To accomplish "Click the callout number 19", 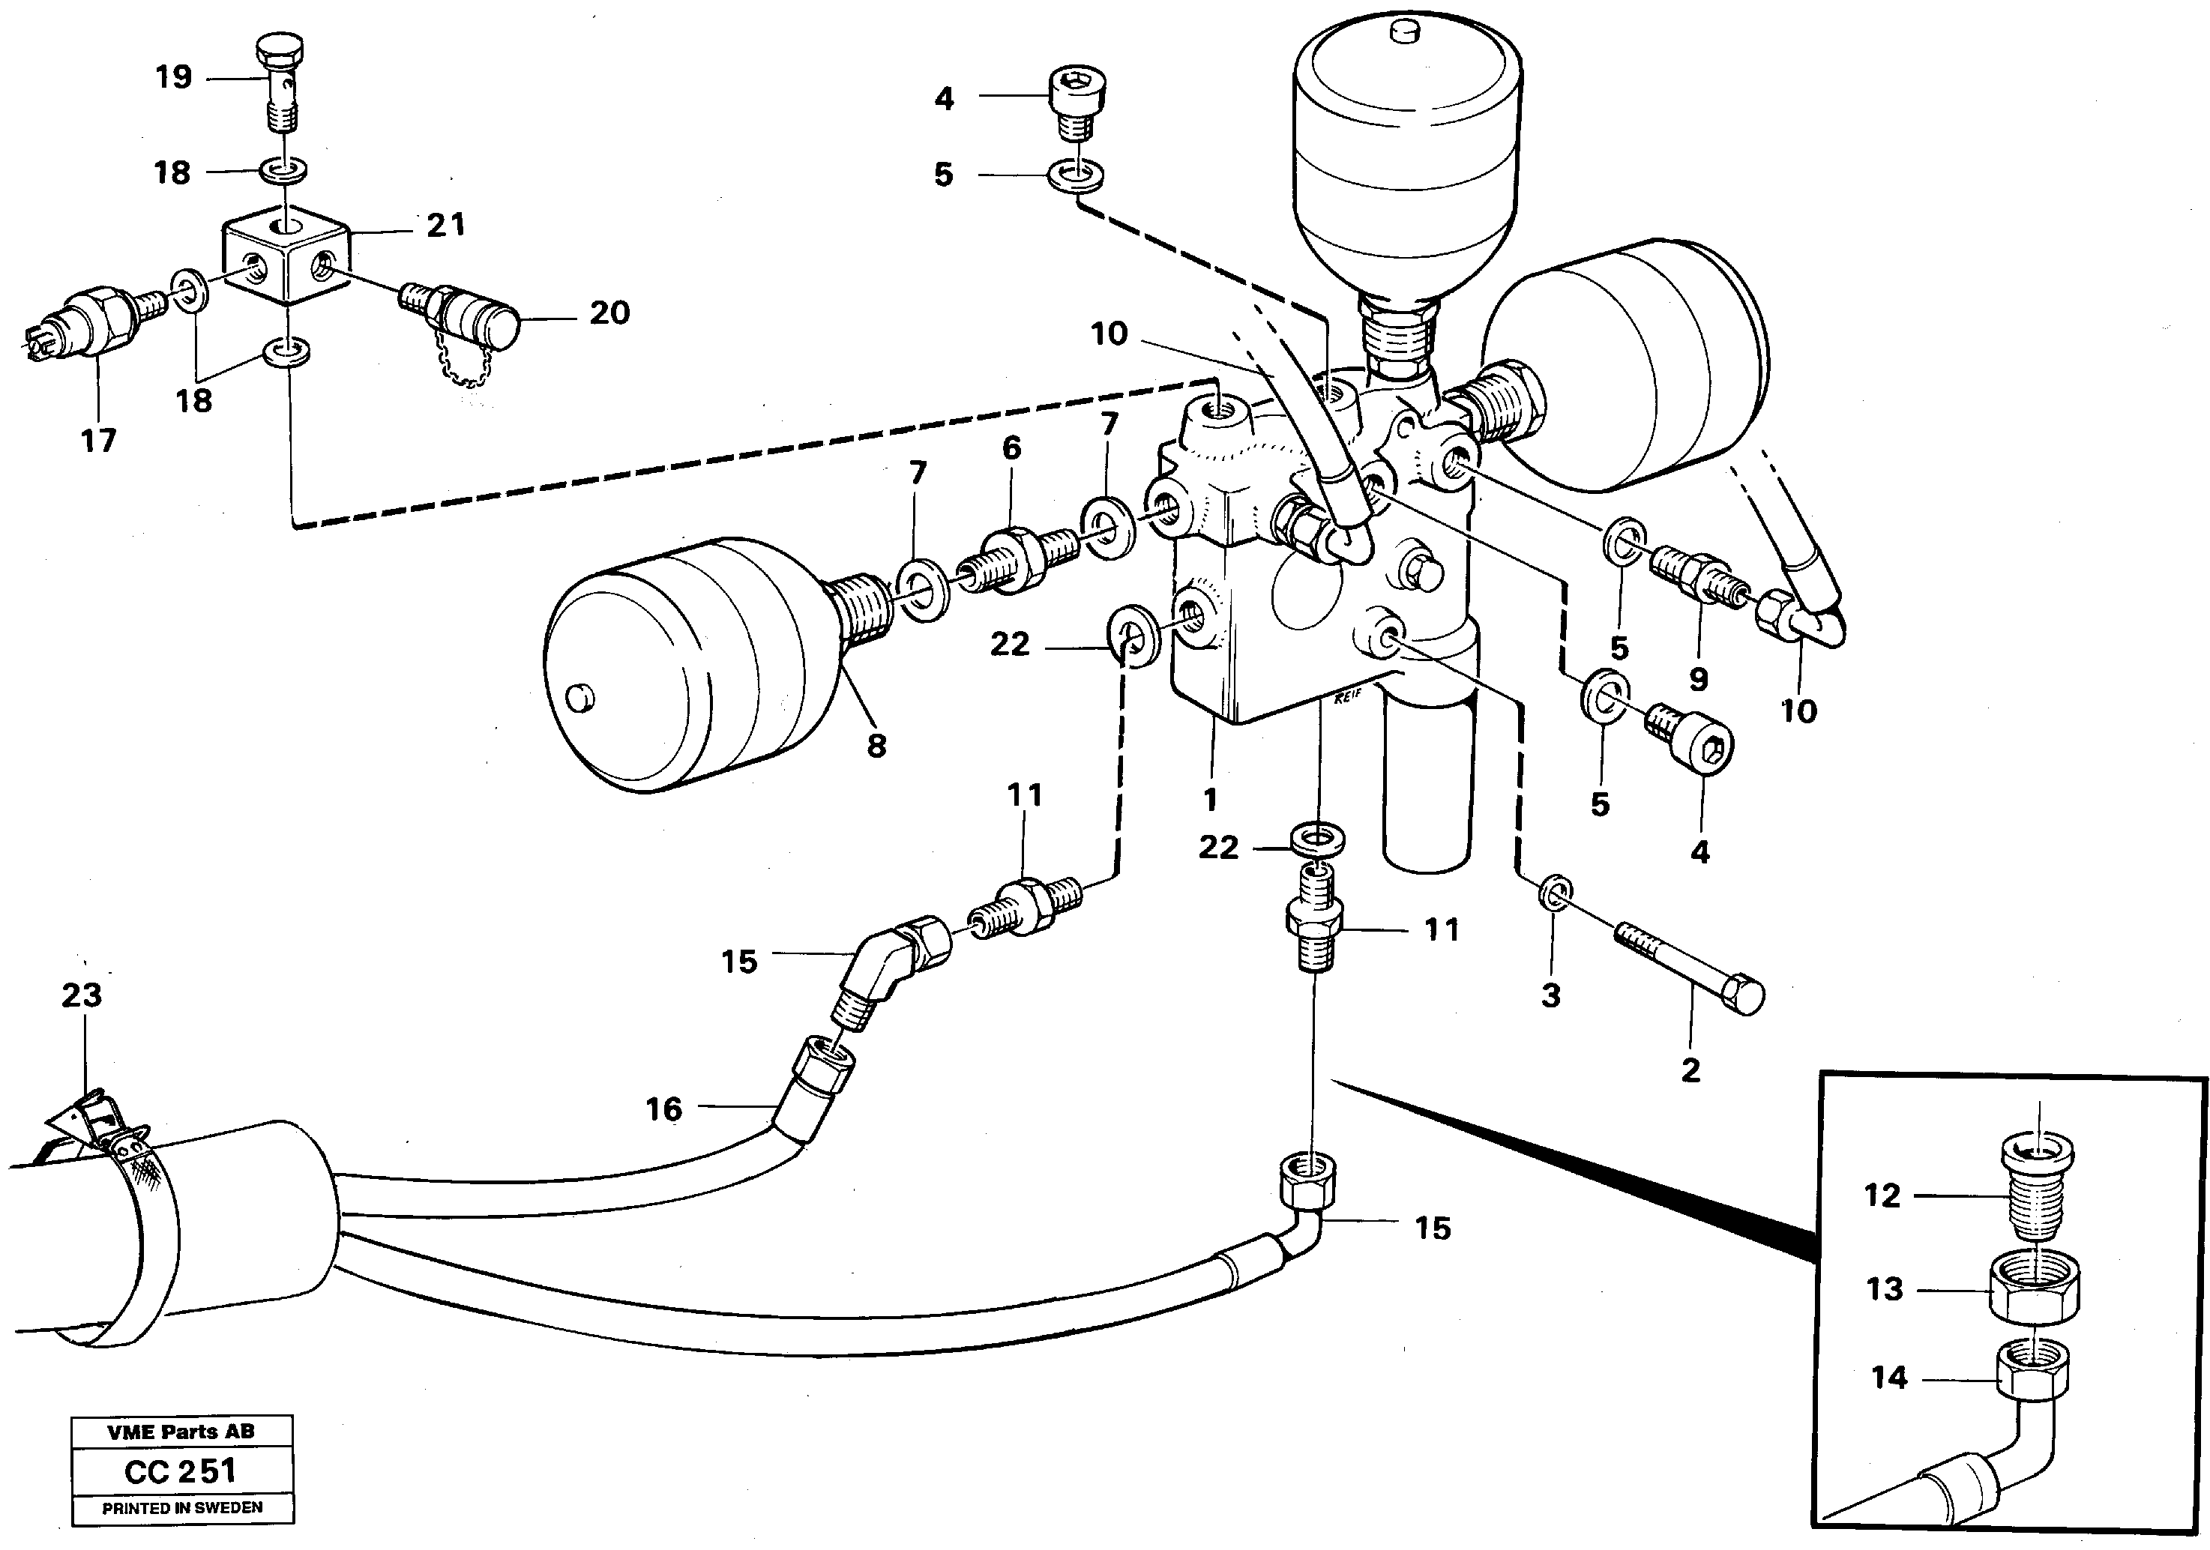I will [x=174, y=77].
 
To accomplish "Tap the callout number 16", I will [x=663, y=1109].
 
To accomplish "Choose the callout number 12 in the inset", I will [x=1882, y=1196].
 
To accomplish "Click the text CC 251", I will [x=181, y=1471].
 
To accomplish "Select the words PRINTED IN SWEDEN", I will [x=182, y=1508].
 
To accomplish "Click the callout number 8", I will [x=876, y=745].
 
